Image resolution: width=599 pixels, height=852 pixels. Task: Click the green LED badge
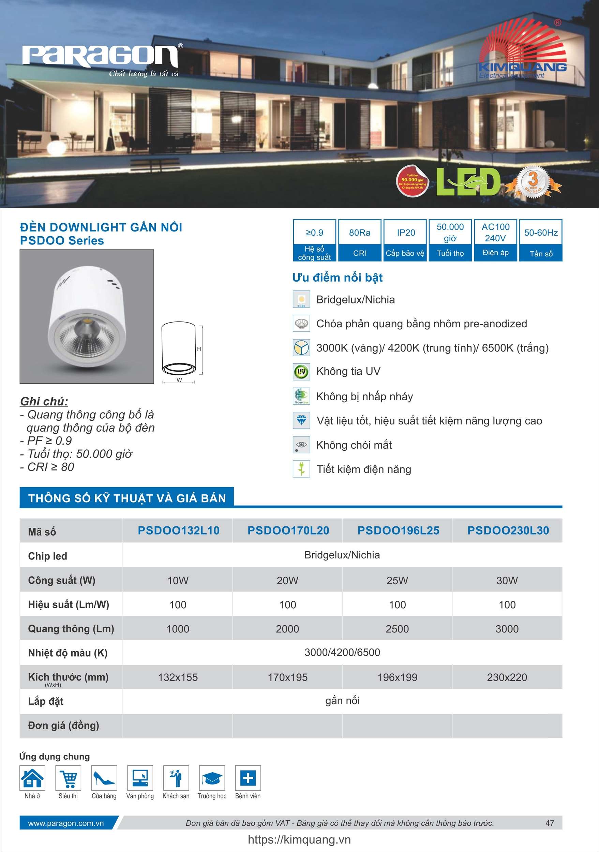(x=468, y=182)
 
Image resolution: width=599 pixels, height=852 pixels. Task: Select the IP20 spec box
(x=405, y=240)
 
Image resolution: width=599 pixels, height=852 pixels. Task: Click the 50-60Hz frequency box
(x=541, y=240)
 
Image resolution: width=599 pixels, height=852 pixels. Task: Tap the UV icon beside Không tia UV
(x=301, y=372)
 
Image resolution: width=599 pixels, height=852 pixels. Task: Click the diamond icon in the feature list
(x=301, y=420)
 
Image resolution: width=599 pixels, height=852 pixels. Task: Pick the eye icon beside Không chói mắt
(x=301, y=445)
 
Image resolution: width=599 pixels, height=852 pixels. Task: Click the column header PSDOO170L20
(x=288, y=530)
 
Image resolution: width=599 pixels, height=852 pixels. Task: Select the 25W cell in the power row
(x=397, y=580)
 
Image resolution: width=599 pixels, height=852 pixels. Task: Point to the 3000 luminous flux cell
(x=507, y=629)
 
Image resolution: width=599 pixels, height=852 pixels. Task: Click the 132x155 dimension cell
(x=178, y=677)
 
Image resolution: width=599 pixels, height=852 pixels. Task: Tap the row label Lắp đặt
(x=46, y=701)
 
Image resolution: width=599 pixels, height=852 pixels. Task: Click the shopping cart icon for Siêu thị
(x=68, y=778)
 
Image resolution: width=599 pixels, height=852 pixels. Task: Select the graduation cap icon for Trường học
(x=212, y=778)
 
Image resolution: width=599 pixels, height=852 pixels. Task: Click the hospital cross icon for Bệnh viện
(x=248, y=778)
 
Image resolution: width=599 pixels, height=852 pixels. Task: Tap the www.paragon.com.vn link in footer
(x=66, y=823)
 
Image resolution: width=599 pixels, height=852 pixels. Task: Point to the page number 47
(x=549, y=823)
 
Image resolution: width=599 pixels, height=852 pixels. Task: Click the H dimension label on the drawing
(x=199, y=349)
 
